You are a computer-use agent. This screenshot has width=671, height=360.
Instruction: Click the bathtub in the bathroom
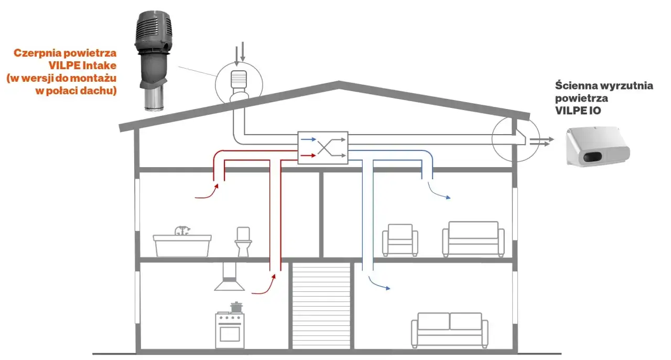(182, 246)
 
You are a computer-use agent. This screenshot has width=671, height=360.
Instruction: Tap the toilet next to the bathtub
(243, 242)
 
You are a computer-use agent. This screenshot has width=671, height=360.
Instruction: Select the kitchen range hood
(230, 277)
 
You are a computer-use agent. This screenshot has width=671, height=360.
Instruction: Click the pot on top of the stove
(236, 307)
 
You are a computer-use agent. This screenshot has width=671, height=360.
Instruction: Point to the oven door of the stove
(230, 334)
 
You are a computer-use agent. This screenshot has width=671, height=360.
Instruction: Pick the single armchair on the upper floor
(400, 240)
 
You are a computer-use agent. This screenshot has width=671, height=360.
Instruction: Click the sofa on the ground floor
(450, 330)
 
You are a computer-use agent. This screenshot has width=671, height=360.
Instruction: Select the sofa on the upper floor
(473, 239)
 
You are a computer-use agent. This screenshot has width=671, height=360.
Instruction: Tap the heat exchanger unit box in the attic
(322, 148)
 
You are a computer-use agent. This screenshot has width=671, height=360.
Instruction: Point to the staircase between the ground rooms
(321, 306)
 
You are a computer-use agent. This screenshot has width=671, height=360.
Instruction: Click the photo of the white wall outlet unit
(597, 146)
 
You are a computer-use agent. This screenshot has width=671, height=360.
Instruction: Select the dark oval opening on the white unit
(592, 157)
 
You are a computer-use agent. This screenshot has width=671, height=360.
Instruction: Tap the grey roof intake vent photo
(154, 60)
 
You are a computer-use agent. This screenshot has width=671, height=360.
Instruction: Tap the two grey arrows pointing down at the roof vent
(240, 53)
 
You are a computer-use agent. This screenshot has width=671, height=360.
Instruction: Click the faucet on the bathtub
(182, 231)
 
